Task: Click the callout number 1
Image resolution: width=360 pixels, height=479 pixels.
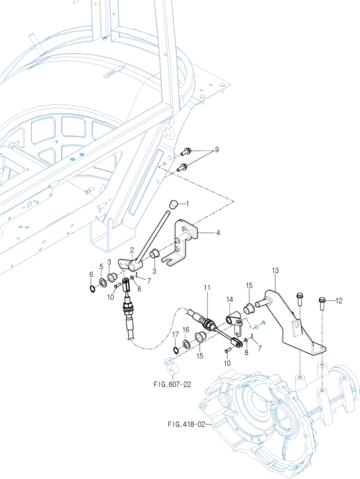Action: pyautogui.click(x=188, y=203)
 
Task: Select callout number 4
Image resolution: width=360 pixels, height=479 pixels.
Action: pyautogui.click(x=218, y=233)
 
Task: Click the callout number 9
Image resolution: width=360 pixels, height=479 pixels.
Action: pyautogui.click(x=217, y=150)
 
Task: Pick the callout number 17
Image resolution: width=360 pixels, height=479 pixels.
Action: pyautogui.click(x=175, y=334)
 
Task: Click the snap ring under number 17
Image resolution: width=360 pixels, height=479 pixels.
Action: pyautogui.click(x=175, y=351)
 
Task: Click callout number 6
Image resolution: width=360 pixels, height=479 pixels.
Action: pyautogui.click(x=91, y=274)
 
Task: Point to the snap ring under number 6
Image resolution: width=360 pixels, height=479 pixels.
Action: pyautogui.click(x=93, y=288)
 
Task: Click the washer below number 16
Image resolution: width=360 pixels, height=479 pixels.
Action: pyautogui.click(x=186, y=344)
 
